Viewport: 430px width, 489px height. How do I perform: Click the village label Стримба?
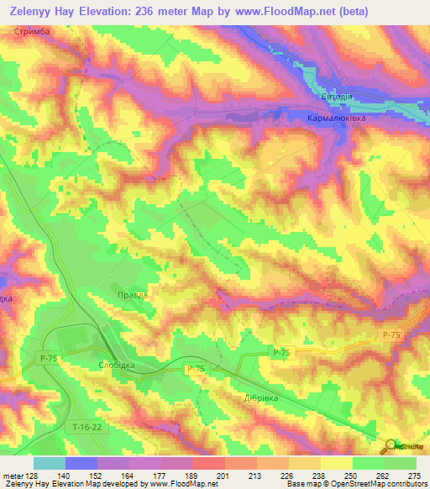click(33, 31)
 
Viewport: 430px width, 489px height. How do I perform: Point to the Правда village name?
click(132, 294)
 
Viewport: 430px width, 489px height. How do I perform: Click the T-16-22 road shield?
click(86, 428)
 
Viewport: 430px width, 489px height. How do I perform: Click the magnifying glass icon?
click(388, 446)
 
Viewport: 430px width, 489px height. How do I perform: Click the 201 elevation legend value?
click(222, 476)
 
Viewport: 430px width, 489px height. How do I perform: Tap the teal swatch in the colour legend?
click(49, 463)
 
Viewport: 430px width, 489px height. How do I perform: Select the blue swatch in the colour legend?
click(81, 463)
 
